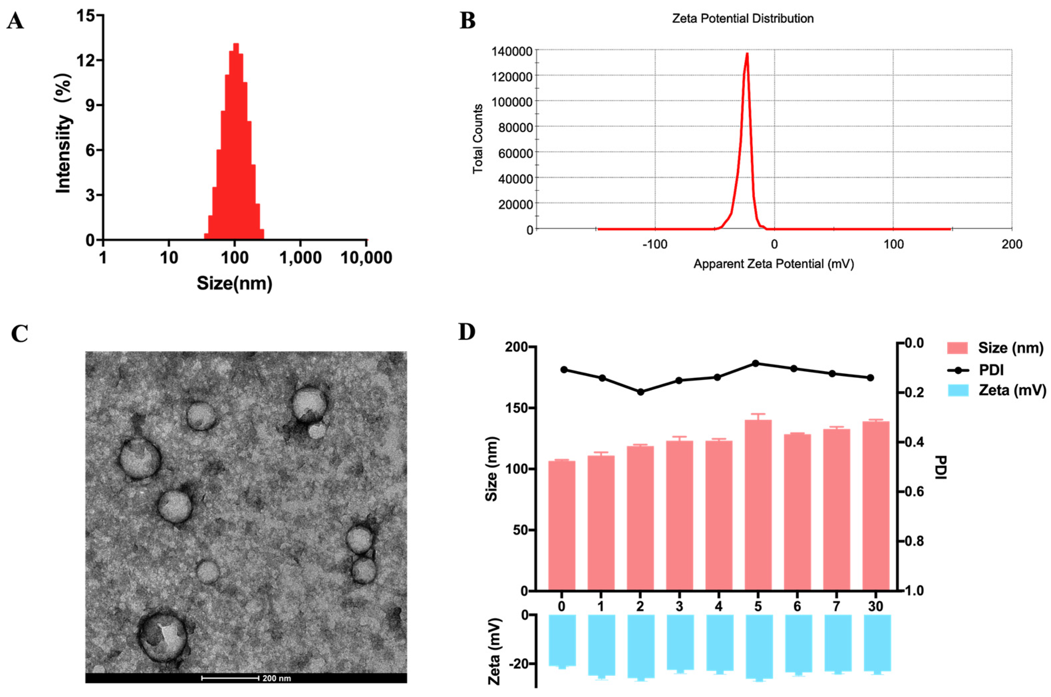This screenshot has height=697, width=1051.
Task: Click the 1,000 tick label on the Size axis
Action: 300,258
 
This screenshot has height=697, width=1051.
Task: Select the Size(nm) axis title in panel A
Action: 234,283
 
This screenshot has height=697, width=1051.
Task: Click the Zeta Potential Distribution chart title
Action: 743,19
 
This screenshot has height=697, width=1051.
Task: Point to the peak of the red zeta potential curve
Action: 747,54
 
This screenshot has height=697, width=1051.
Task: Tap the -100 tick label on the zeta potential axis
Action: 655,244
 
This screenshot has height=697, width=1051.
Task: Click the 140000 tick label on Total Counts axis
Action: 512,52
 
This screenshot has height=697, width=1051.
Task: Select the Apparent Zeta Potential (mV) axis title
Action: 773,264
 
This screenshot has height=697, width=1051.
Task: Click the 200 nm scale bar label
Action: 276,678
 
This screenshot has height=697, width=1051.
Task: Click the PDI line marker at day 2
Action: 640,392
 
